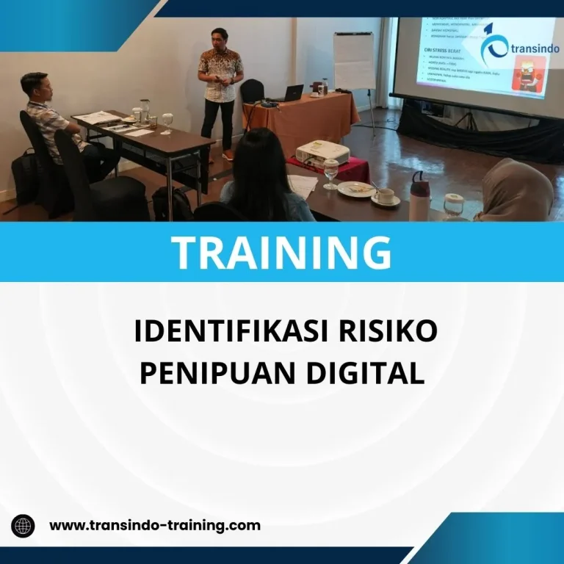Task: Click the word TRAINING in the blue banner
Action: click(x=281, y=252)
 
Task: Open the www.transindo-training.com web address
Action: click(x=154, y=525)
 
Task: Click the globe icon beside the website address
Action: click(x=23, y=526)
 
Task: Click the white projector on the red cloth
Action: click(x=321, y=153)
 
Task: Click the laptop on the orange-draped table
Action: click(x=292, y=93)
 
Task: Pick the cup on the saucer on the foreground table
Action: click(x=384, y=195)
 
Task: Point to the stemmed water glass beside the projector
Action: click(x=332, y=173)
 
